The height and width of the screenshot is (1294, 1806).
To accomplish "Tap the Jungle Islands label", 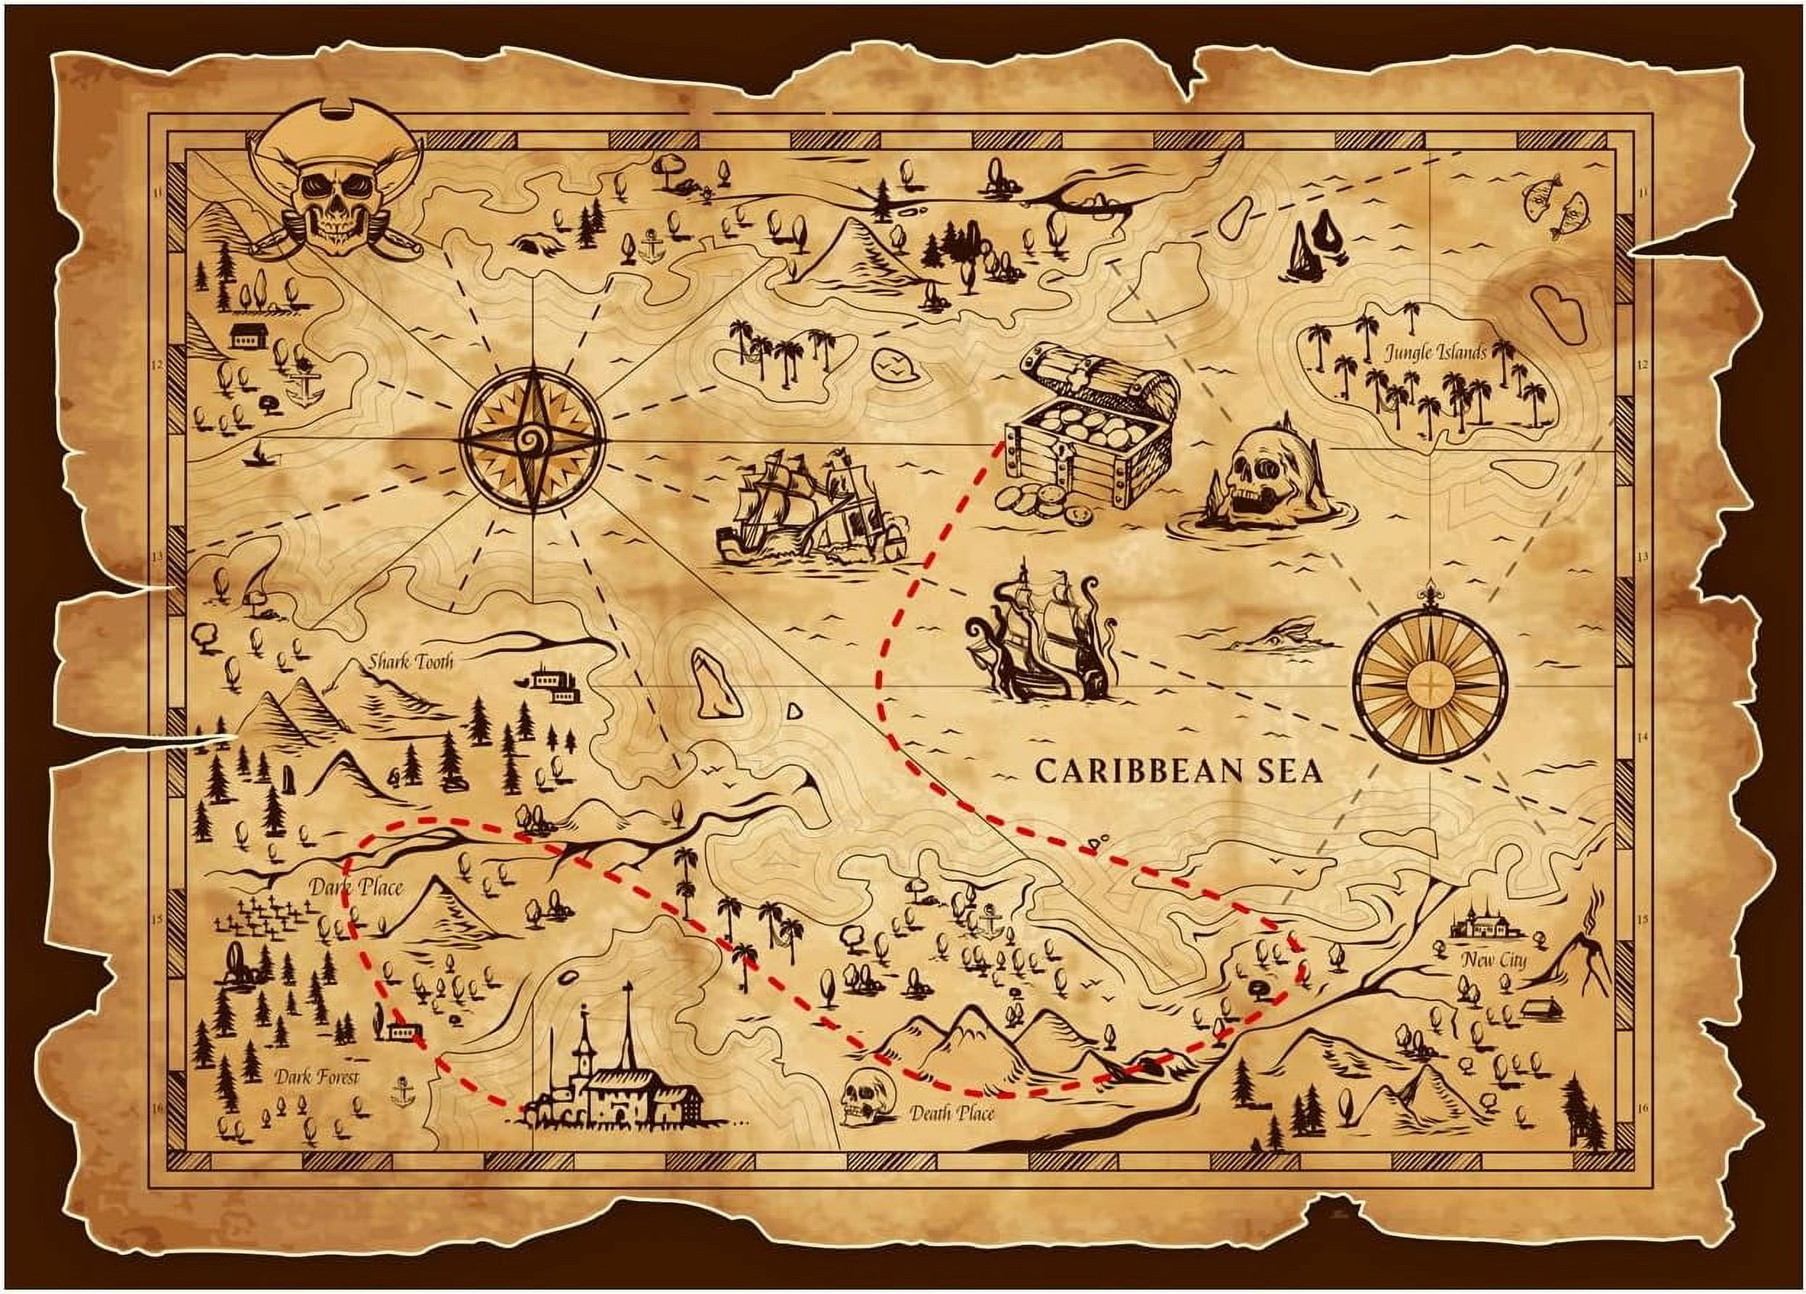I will coord(1435,352).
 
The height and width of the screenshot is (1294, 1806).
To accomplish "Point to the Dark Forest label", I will coord(317,1077).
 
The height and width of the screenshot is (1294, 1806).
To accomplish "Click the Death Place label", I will coord(952,1113).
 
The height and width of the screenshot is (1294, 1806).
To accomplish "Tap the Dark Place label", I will coord(356,887).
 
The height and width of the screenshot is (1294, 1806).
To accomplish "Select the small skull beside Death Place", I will coord(862,1097).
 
